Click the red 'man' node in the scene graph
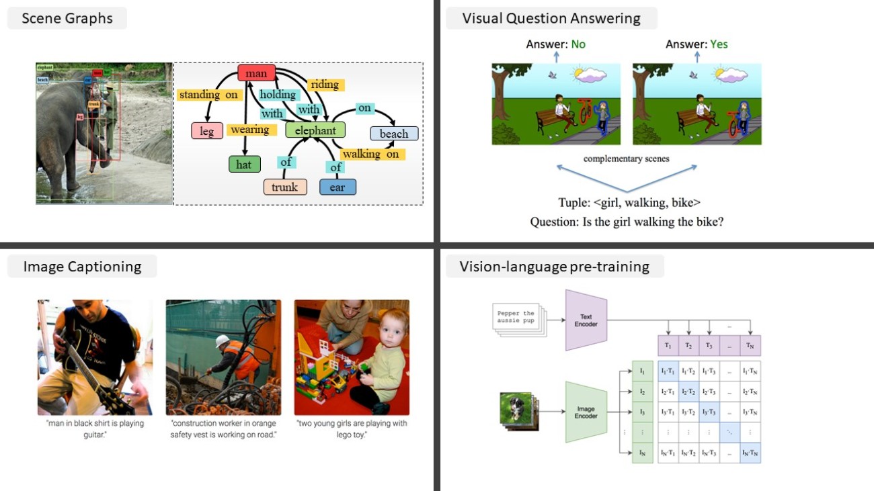pyautogui.click(x=256, y=73)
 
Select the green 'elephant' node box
pyautogui.click(x=315, y=130)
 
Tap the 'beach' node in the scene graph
pyautogui.click(x=394, y=134)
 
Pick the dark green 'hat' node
pyautogui.click(x=244, y=164)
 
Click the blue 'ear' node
pyautogui.click(x=337, y=187)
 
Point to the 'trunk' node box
pyautogui.click(x=285, y=187)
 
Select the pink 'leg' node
pyautogui.click(x=207, y=131)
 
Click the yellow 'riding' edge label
pyautogui.click(x=325, y=85)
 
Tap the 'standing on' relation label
pyautogui.click(x=208, y=95)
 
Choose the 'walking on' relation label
pyautogui.click(x=370, y=154)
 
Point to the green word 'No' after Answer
pyautogui.click(x=578, y=44)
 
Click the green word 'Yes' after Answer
pyautogui.click(x=719, y=44)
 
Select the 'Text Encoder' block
pyautogui.click(x=586, y=320)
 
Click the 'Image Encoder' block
pyautogui.click(x=586, y=412)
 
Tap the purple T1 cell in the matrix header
pyautogui.click(x=668, y=345)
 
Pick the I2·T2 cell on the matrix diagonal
pyautogui.click(x=688, y=390)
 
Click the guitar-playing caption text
pyautogui.click(x=95, y=429)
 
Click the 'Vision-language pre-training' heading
pyautogui.click(x=554, y=267)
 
